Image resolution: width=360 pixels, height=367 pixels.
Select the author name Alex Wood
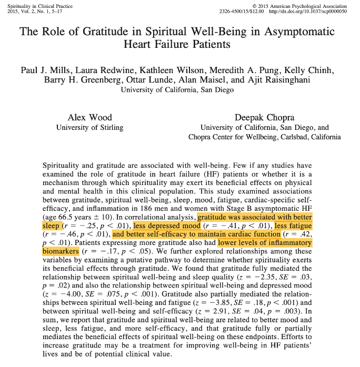(x=89, y=117)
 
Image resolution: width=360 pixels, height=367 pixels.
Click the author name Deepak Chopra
(x=265, y=117)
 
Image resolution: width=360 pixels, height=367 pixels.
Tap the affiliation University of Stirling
(x=89, y=127)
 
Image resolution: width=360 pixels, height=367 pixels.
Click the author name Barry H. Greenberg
(x=68, y=80)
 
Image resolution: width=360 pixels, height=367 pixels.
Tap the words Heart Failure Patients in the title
(x=177, y=44)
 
